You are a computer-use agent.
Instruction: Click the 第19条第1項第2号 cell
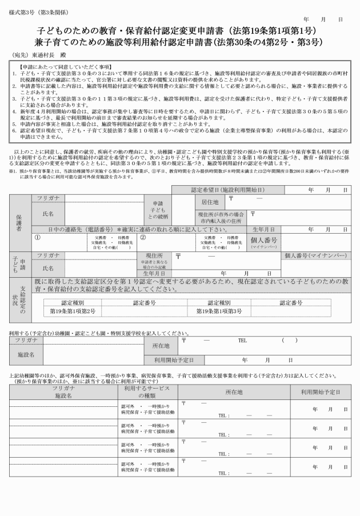(73, 311)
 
